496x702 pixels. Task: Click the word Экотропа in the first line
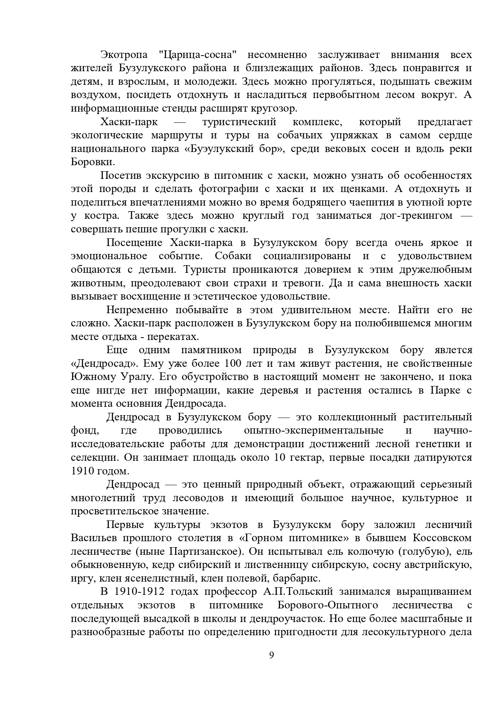pos(124,55)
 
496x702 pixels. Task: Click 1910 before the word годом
pos(83,471)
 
